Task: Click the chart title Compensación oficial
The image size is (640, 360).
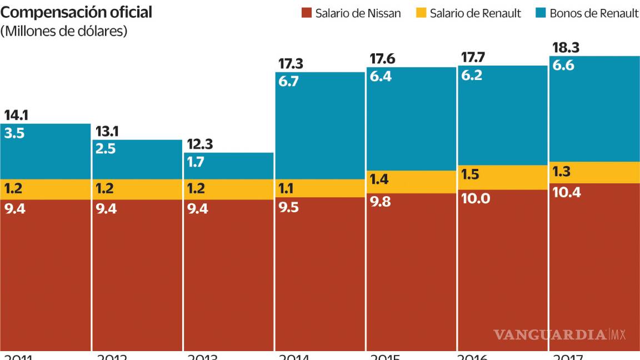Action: tap(76, 12)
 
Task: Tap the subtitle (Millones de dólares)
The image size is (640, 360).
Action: tap(64, 32)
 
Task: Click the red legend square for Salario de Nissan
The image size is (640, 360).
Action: tap(306, 13)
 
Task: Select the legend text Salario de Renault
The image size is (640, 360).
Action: tap(475, 13)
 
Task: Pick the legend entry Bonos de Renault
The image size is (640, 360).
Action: tap(594, 13)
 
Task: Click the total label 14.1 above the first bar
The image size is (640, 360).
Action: tap(16, 116)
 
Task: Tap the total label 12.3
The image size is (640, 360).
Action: tap(199, 144)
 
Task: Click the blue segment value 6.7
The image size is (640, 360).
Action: tap(289, 82)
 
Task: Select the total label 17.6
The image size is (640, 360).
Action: tap(383, 58)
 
